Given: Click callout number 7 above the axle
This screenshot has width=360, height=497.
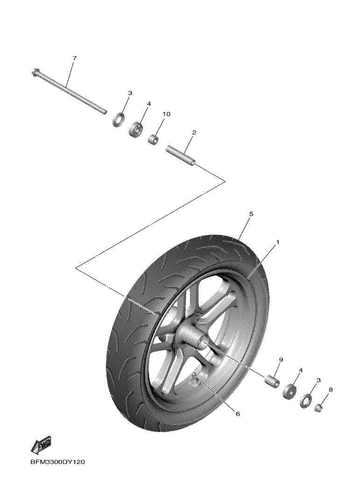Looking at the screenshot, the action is tap(75, 58).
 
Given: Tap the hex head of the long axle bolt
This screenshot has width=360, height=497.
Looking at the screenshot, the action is tap(35, 72).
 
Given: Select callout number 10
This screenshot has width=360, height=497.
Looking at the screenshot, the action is tap(167, 114).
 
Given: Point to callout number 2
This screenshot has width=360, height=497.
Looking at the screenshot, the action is tap(194, 133).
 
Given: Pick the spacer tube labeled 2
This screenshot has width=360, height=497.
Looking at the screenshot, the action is tap(181, 155).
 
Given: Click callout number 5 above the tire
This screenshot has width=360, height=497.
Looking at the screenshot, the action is tap(251, 214).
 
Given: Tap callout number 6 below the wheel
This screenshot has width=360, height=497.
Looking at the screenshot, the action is tap(238, 413).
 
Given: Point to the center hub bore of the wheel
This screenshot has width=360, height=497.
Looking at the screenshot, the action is tap(201, 343).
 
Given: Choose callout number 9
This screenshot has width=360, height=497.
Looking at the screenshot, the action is tap(281, 360).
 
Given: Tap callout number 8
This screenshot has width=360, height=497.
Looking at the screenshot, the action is tap(331, 390).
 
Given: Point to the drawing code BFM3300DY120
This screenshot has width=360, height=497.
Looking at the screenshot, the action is tap(58, 462).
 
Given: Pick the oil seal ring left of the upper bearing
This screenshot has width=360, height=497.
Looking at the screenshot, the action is tap(119, 119).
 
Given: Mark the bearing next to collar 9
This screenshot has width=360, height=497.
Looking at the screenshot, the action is tap(289, 392).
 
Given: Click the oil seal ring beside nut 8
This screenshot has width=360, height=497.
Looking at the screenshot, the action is tap(306, 401).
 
